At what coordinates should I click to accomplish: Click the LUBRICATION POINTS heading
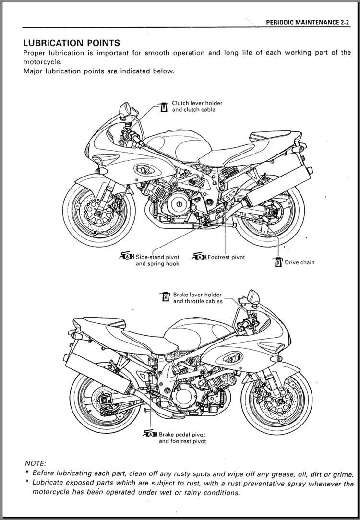point(72,43)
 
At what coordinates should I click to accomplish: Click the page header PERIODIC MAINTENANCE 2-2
point(308,22)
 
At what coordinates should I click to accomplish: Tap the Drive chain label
point(300,262)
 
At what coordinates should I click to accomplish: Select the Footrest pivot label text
point(226,257)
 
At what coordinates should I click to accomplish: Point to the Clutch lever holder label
point(197,103)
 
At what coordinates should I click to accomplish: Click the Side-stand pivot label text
point(157,257)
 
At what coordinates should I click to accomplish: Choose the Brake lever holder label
point(197,295)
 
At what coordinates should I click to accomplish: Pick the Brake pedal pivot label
point(182,435)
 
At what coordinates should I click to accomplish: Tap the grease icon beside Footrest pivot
point(199,256)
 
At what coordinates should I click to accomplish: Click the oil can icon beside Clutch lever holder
point(164,107)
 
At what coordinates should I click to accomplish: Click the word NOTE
point(36,463)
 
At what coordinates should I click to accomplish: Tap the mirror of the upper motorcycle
point(125,108)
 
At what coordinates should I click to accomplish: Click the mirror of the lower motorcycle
point(253,296)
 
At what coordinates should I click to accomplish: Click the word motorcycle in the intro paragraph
point(42,62)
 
